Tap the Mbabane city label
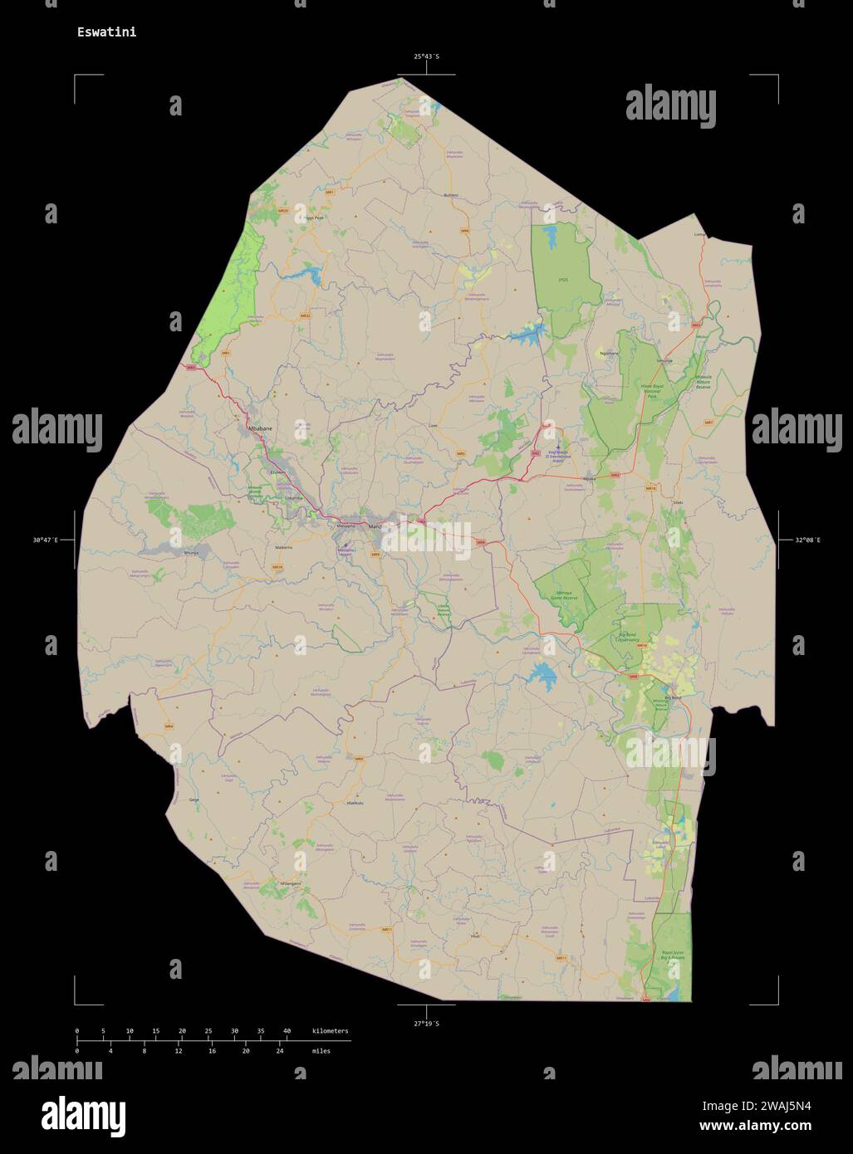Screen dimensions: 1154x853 260,428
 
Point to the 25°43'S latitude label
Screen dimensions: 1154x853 427,56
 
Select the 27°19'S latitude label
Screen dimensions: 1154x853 427,1024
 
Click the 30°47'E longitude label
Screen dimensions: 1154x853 46,540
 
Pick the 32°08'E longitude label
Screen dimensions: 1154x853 807,540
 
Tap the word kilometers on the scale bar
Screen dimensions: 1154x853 331,1031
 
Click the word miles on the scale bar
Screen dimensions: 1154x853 321,1051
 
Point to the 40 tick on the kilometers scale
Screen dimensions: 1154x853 287,1031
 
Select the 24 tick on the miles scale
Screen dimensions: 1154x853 280,1051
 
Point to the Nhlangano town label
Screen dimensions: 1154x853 291,883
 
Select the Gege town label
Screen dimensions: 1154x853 194,799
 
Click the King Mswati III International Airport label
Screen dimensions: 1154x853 564,456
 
